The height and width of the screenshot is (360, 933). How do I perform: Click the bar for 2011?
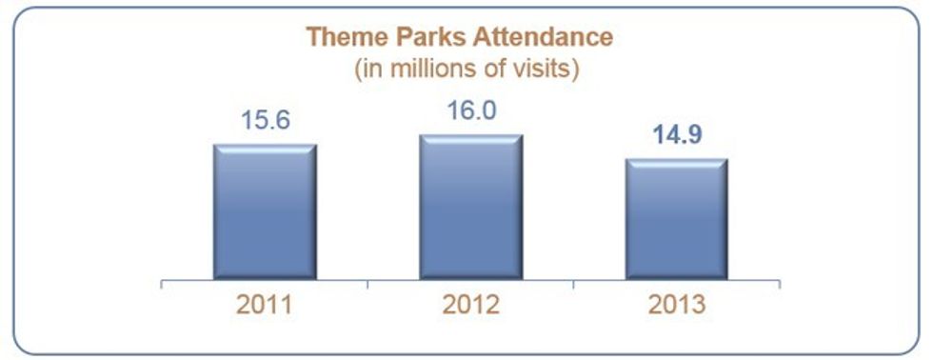[265, 211]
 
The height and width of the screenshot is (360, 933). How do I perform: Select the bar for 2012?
[470, 207]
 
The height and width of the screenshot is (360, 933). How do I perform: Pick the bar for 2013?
[677, 219]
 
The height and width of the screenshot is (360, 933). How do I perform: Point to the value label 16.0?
[470, 111]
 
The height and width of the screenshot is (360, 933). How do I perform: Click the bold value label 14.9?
[678, 135]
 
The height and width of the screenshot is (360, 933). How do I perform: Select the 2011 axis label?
[265, 306]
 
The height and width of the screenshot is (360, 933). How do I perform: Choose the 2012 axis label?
[471, 306]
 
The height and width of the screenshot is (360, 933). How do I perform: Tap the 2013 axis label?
[678, 306]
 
